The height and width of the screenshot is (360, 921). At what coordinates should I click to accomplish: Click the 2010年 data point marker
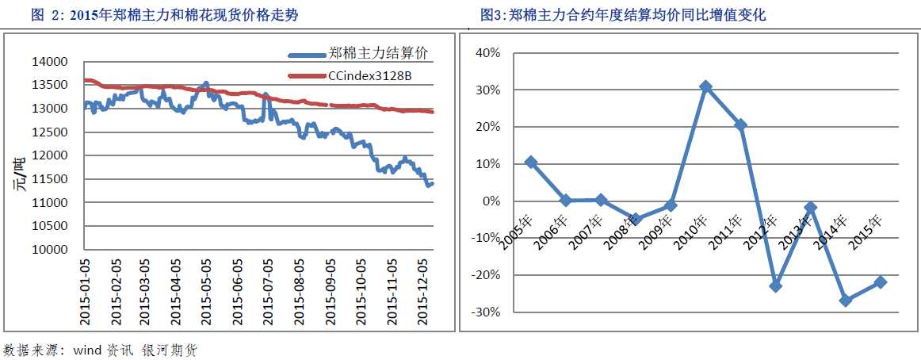point(705,86)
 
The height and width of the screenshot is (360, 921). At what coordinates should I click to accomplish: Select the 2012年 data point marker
point(775,285)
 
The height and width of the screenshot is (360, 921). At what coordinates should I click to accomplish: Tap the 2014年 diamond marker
point(845,301)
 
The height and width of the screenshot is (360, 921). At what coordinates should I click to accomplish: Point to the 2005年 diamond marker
point(531,162)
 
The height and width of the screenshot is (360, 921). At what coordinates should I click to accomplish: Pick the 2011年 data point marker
point(740,124)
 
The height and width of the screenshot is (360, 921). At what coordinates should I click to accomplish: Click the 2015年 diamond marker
point(880,281)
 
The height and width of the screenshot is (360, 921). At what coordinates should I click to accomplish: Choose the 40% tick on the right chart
point(487,53)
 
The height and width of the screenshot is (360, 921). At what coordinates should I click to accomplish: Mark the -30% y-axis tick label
point(485,312)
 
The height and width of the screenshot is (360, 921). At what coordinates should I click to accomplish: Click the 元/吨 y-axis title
point(17,174)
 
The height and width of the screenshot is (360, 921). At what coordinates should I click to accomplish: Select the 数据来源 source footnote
point(100,350)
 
